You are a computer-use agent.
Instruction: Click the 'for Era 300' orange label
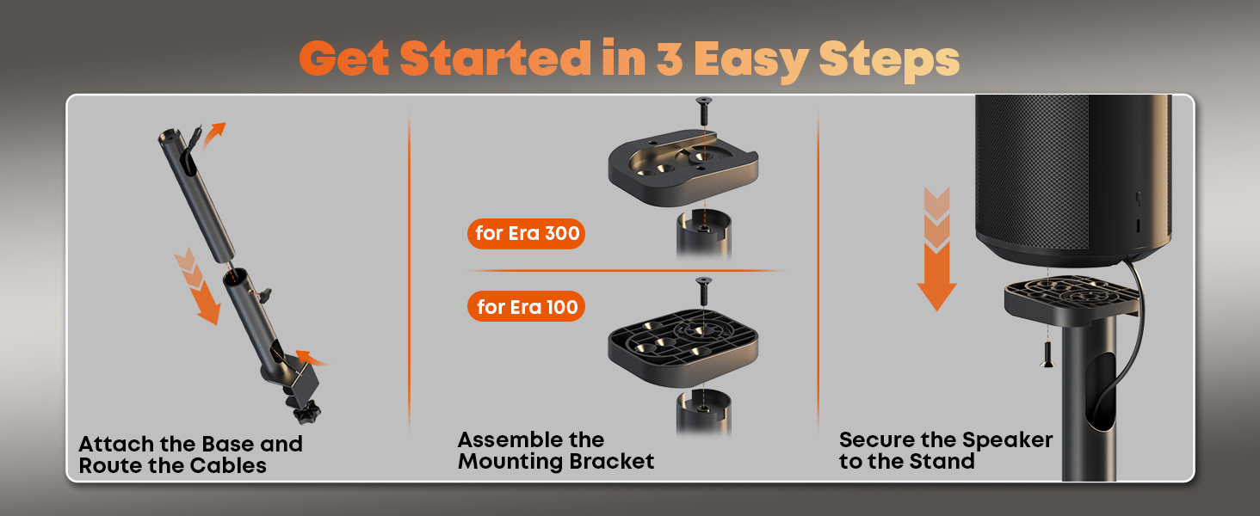(x=526, y=233)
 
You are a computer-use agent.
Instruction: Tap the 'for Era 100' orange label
(x=526, y=306)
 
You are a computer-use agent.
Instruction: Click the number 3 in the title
(x=669, y=58)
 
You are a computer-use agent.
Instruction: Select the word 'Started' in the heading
(x=496, y=58)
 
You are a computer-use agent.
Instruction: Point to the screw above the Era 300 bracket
(x=703, y=111)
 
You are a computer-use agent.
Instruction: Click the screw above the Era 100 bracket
(x=703, y=291)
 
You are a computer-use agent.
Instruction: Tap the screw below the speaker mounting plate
(x=1047, y=354)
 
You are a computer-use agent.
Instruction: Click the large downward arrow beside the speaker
(x=936, y=249)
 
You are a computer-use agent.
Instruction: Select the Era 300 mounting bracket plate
(x=682, y=167)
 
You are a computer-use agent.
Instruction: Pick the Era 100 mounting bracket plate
(x=682, y=347)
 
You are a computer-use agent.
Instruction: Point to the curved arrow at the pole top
(x=213, y=135)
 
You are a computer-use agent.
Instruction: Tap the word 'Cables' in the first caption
(x=228, y=465)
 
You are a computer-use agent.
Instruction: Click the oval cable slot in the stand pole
(x=1100, y=400)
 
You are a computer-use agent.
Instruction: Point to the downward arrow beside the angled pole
(x=197, y=286)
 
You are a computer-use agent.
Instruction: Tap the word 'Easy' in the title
(x=751, y=61)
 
